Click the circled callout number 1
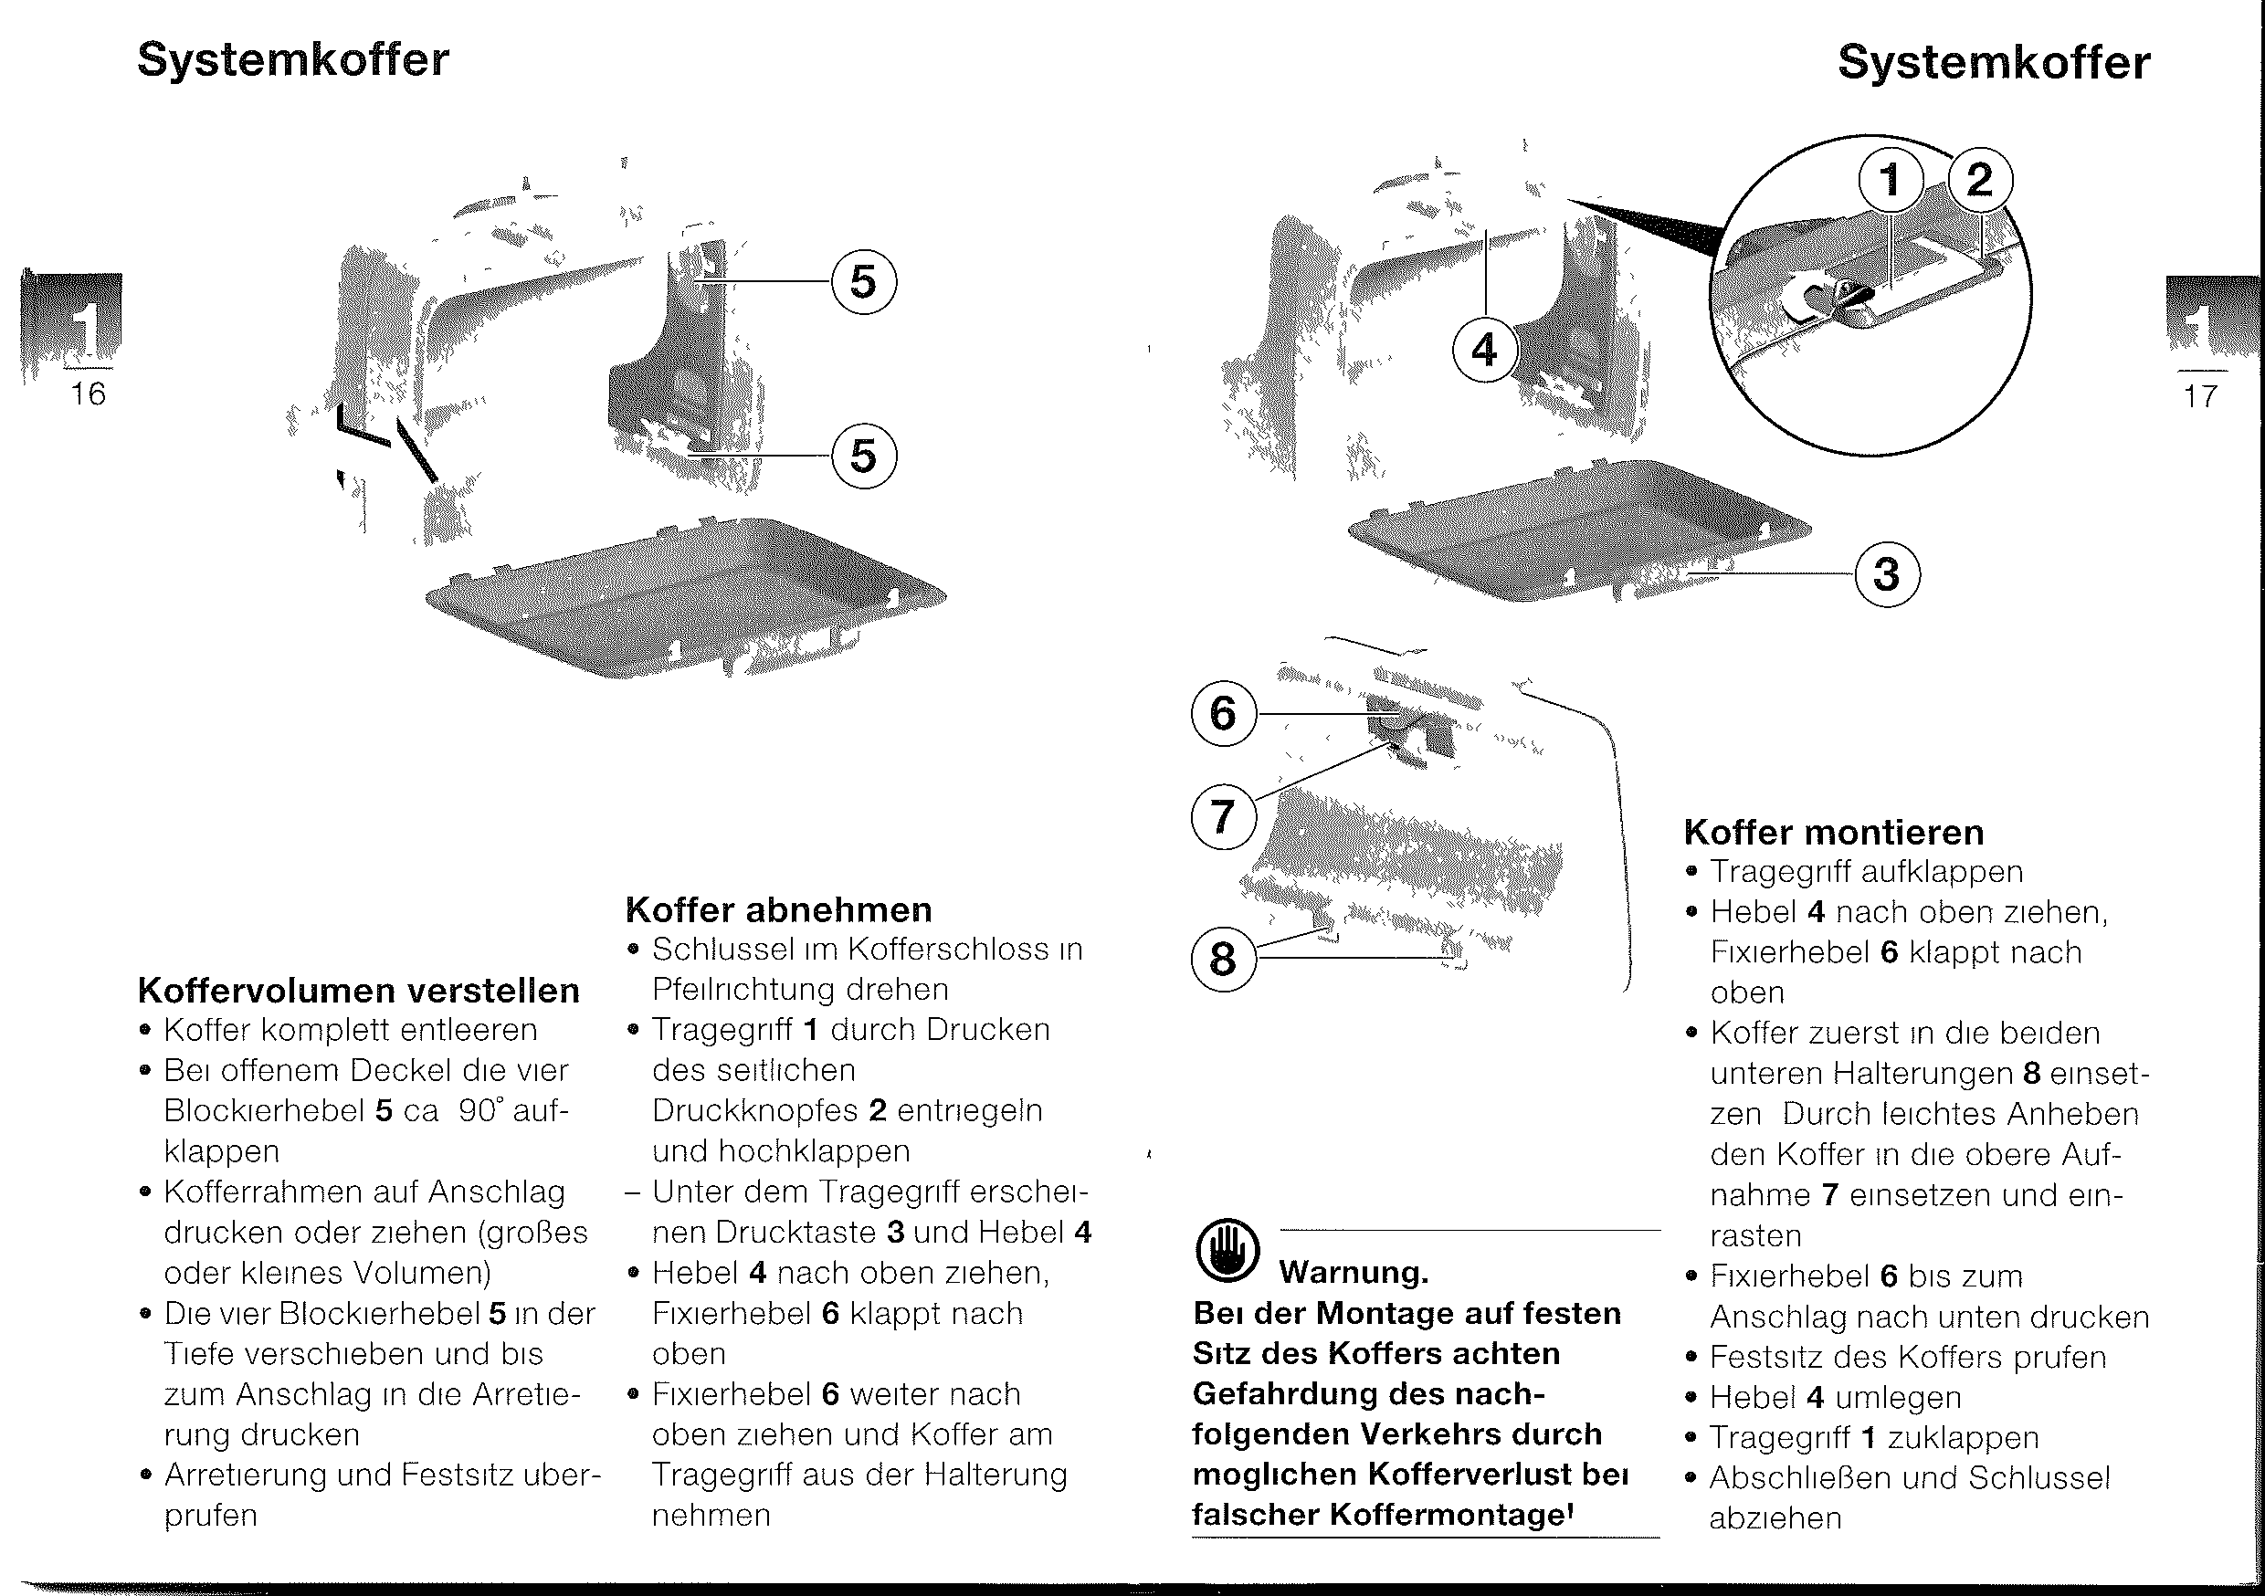1891,181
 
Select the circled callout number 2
1979,181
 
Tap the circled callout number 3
1887,574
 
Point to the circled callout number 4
1484,351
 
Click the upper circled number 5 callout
863,282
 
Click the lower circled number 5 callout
863,456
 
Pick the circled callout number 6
1223,713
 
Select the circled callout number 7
1223,818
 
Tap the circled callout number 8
1223,958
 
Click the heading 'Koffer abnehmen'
778,909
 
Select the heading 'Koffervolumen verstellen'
359,991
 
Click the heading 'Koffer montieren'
1834,833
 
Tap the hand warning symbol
1227,1251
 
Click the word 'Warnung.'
1354,1273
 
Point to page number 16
88,394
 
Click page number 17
2199,396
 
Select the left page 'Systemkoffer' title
293,60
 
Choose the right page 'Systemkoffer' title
1994,63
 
